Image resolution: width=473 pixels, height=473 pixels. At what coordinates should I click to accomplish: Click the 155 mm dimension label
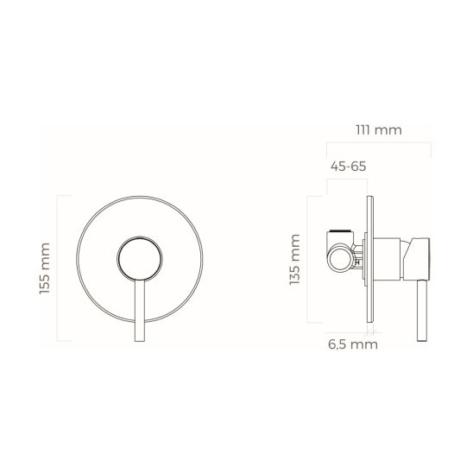point(45,268)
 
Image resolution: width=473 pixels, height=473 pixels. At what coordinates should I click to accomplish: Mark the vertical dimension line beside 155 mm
point(58,269)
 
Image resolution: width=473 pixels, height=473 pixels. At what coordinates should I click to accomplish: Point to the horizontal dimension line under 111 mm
point(381,143)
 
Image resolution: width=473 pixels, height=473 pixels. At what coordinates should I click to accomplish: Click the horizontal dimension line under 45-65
point(349,180)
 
